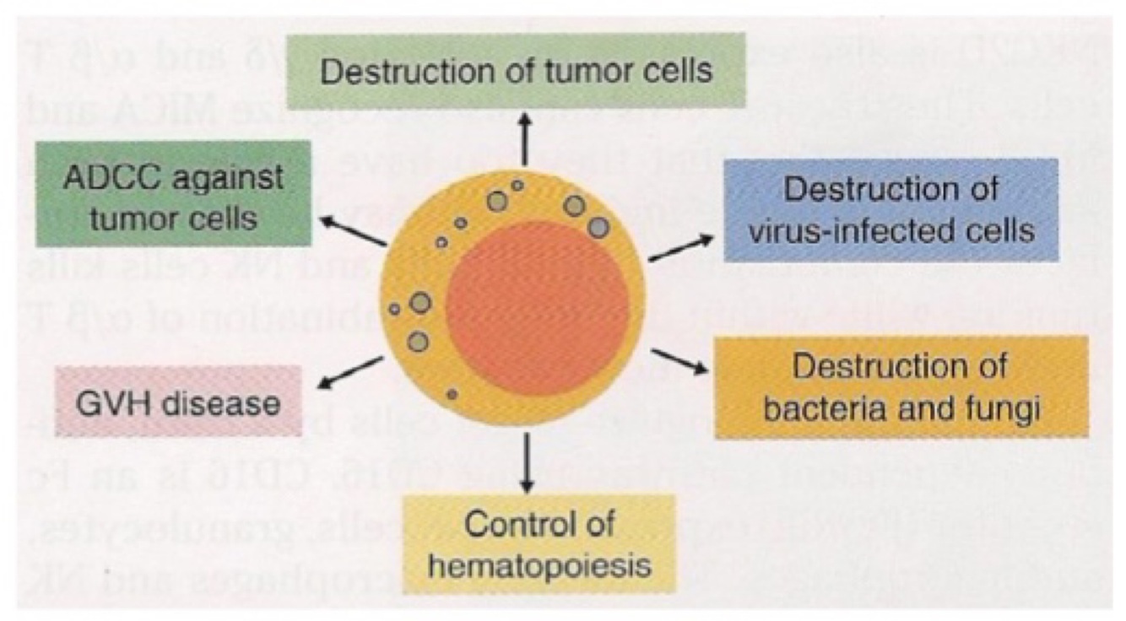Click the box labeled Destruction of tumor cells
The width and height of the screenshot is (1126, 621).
coord(517,71)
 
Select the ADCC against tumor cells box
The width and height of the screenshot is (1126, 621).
coord(174,194)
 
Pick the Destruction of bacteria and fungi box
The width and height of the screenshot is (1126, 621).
coord(901,387)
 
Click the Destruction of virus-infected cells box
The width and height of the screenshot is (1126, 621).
coord(891,209)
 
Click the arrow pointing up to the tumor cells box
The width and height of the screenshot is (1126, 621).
coord(524,141)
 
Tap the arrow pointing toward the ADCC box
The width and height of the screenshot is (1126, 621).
coord(352,232)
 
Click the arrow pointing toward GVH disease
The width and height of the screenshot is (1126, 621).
coord(350,372)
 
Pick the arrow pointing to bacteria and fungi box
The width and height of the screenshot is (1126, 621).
coord(680,360)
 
